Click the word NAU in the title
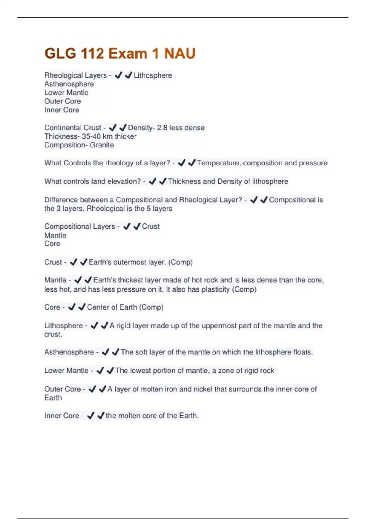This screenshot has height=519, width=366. [x=180, y=54]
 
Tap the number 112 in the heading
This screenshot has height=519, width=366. [x=92, y=54]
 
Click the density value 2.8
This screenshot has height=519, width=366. [x=162, y=128]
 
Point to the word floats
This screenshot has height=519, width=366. [x=303, y=352]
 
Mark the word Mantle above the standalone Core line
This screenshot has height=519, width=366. [x=55, y=235]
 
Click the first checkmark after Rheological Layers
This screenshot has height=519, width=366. [x=118, y=75]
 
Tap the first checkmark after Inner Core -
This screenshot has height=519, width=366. [x=91, y=416]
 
